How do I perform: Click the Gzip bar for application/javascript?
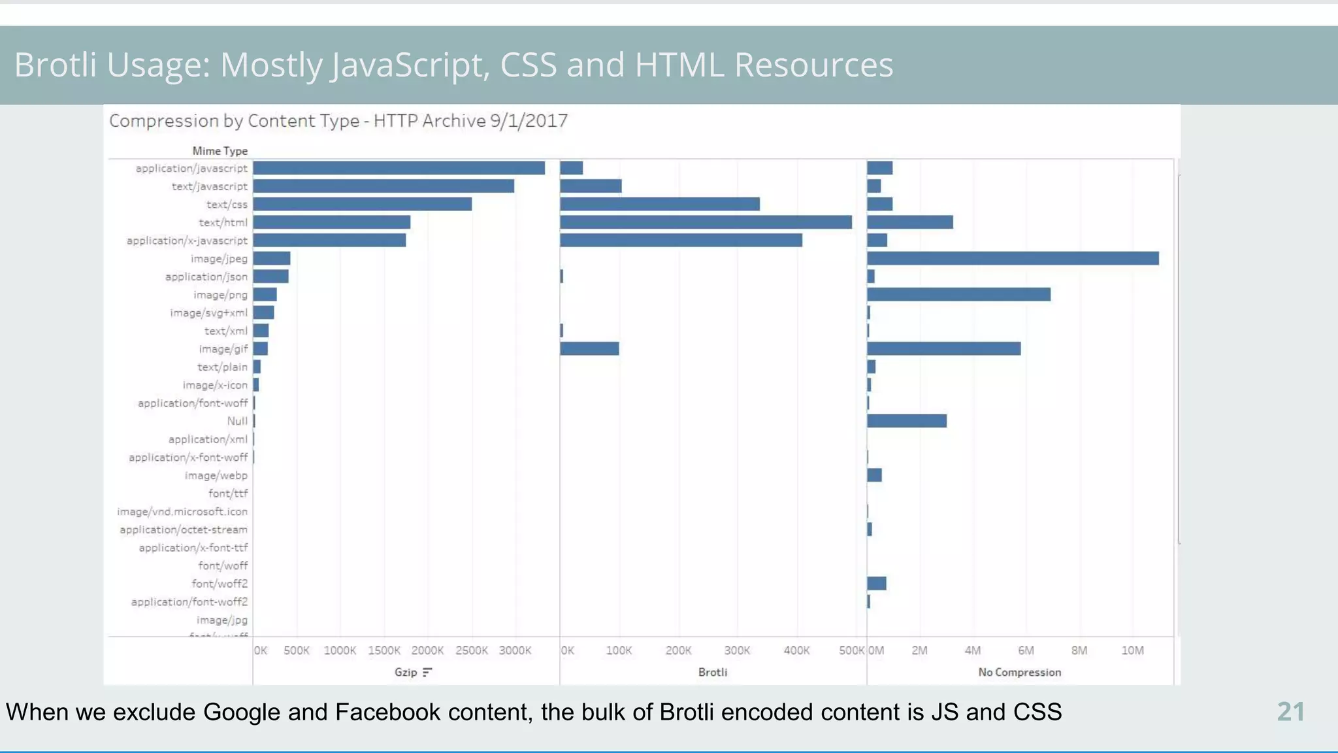point(399,168)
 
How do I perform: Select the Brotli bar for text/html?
point(706,222)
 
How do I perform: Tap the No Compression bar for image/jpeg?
point(1013,258)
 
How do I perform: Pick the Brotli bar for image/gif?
point(589,348)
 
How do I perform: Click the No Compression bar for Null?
point(907,421)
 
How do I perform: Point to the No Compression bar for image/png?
point(958,294)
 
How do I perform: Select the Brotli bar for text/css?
point(660,204)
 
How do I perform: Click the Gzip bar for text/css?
point(363,204)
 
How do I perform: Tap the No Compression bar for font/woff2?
point(877,583)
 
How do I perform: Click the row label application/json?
point(206,276)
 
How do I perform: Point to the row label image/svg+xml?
point(209,312)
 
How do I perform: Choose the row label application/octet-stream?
point(184,529)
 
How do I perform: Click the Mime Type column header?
point(220,151)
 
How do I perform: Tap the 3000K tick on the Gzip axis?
point(515,650)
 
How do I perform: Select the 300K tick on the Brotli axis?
point(737,650)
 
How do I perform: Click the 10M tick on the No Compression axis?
point(1132,650)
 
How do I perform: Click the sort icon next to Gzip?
point(427,672)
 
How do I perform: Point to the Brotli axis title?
point(712,672)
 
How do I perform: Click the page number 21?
point(1290,712)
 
